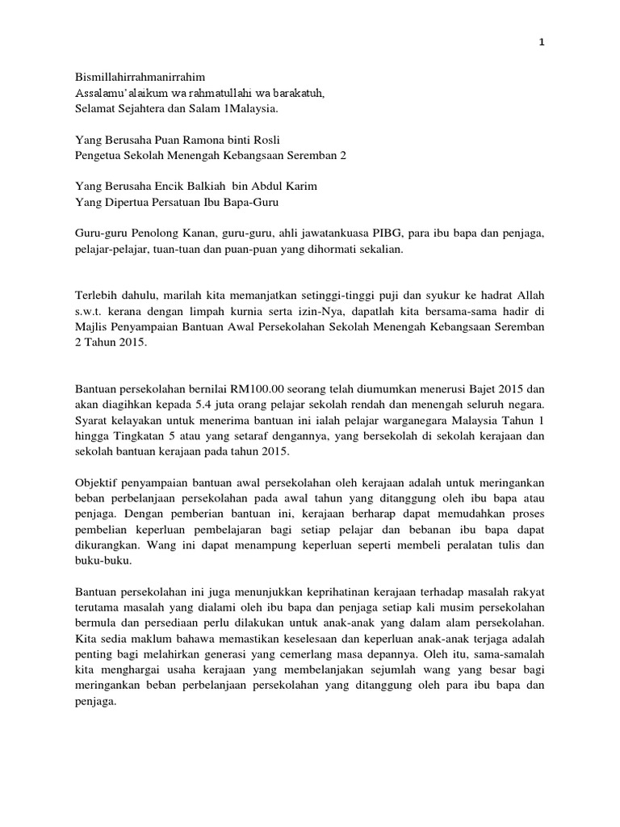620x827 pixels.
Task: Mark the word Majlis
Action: click(90, 327)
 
